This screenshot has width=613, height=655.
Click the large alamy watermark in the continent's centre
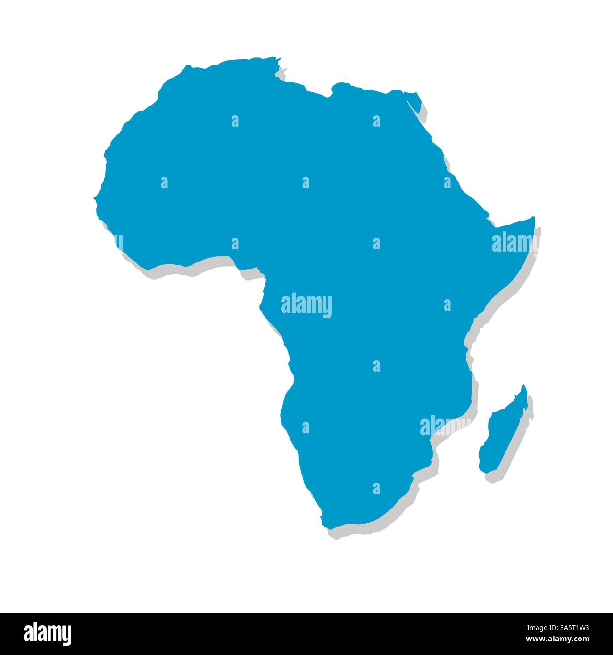coord(306,305)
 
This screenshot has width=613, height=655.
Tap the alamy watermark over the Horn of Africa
coord(513,243)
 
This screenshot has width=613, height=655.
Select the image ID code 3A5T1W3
coord(565,628)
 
